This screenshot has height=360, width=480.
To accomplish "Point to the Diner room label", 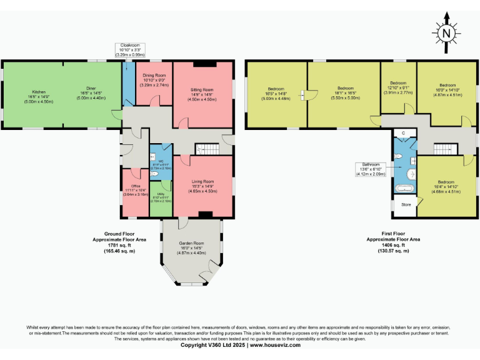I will pos(89,94).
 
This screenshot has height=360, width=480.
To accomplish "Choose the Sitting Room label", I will pos(202,94).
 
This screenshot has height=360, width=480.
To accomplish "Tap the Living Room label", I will pos(202,185).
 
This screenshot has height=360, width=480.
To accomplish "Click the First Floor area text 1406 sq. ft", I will pos(393,245).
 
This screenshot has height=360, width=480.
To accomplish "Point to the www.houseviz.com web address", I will pos(274,345).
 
